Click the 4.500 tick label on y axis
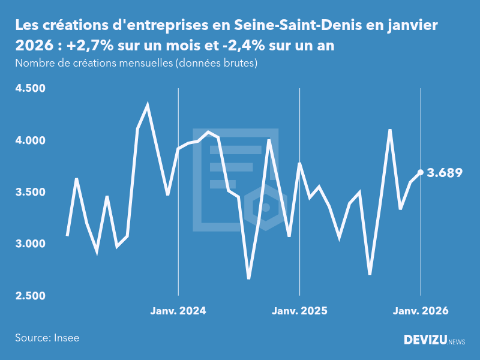point(30,89)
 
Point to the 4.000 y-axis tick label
point(30,140)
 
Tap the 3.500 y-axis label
point(30,193)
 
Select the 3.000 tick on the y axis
point(30,244)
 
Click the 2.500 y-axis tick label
point(30,296)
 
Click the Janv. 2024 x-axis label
point(178,311)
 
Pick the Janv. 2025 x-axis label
point(299,311)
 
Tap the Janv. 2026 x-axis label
point(421,311)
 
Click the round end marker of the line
point(421,172)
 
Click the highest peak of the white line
point(148,106)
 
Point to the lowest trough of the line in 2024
point(249,278)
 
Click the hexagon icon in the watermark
point(265,207)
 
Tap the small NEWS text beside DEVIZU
point(457,342)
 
